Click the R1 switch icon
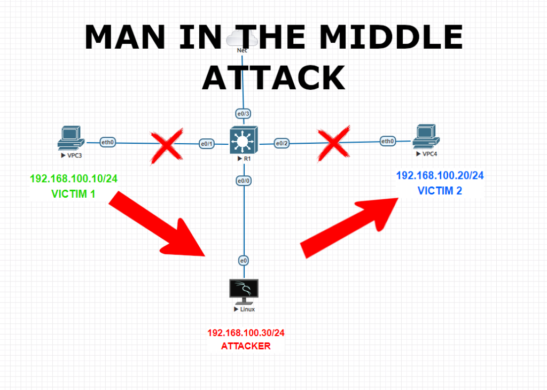pyautogui.click(x=244, y=142)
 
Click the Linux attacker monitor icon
pyautogui.click(x=244, y=290)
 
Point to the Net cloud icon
pyautogui.click(x=242, y=38)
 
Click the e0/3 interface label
pyautogui.click(x=243, y=113)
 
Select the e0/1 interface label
pyautogui.click(x=207, y=144)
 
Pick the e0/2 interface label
pyautogui.click(x=282, y=143)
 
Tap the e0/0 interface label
pyautogui.click(x=244, y=181)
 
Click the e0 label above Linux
pyautogui.click(x=243, y=261)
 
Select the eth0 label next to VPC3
pyautogui.click(x=108, y=142)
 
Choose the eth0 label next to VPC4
pyautogui.click(x=388, y=141)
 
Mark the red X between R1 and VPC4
pyautogui.click(x=334, y=143)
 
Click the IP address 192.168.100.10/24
pyautogui.click(x=73, y=179)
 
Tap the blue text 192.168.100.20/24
pyautogui.click(x=440, y=176)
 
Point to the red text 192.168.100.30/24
pyautogui.click(x=246, y=333)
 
